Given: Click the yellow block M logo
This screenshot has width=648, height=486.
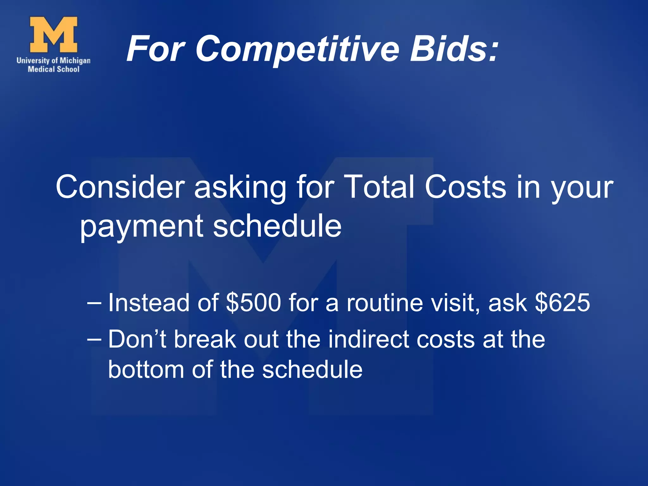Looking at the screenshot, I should pyautogui.click(x=53, y=34).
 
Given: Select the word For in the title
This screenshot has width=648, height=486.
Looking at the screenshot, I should pyautogui.click(x=155, y=49).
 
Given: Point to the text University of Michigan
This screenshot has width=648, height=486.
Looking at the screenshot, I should pyautogui.click(x=53, y=60).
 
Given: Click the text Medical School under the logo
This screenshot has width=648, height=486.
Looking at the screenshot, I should pyautogui.click(x=53, y=69).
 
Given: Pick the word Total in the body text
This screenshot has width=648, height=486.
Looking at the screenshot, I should pyautogui.click(x=379, y=187).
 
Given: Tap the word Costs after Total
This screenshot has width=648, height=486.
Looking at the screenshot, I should pyautogui.click(x=465, y=187).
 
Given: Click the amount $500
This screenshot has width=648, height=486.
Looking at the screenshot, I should pyautogui.click(x=253, y=303).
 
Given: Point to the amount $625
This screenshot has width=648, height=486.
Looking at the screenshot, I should pyautogui.click(x=562, y=303).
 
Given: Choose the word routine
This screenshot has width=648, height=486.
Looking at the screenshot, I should pyautogui.click(x=385, y=303).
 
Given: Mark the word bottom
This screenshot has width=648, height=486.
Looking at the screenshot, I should pyautogui.click(x=146, y=370).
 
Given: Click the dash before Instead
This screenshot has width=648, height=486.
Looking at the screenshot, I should pyautogui.click(x=94, y=303).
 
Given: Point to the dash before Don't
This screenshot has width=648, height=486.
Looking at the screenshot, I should pyautogui.click(x=94, y=340).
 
